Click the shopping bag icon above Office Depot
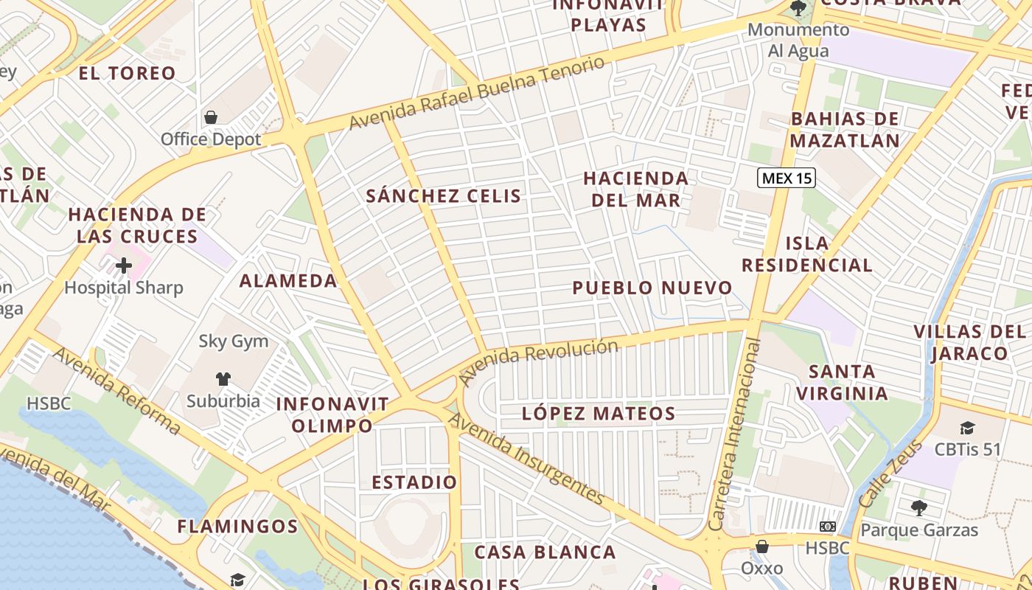[x=211, y=117]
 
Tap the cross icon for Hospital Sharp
[x=124, y=265]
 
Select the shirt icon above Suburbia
[x=223, y=379]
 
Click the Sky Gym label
[x=234, y=341]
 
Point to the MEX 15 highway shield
[x=786, y=178]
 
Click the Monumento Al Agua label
[x=798, y=41]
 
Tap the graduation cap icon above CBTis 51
[x=967, y=428]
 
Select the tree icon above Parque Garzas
[x=918, y=508]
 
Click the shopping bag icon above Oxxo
[x=762, y=546]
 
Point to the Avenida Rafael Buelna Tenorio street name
[x=477, y=93]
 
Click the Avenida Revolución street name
[x=537, y=361]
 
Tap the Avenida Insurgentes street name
[x=526, y=459]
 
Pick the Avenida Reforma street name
[x=116, y=391]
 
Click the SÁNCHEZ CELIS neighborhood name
[x=444, y=196]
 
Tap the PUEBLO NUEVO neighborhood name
[x=653, y=288]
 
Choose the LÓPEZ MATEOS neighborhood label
[x=599, y=413]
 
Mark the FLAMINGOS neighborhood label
[x=237, y=527]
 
